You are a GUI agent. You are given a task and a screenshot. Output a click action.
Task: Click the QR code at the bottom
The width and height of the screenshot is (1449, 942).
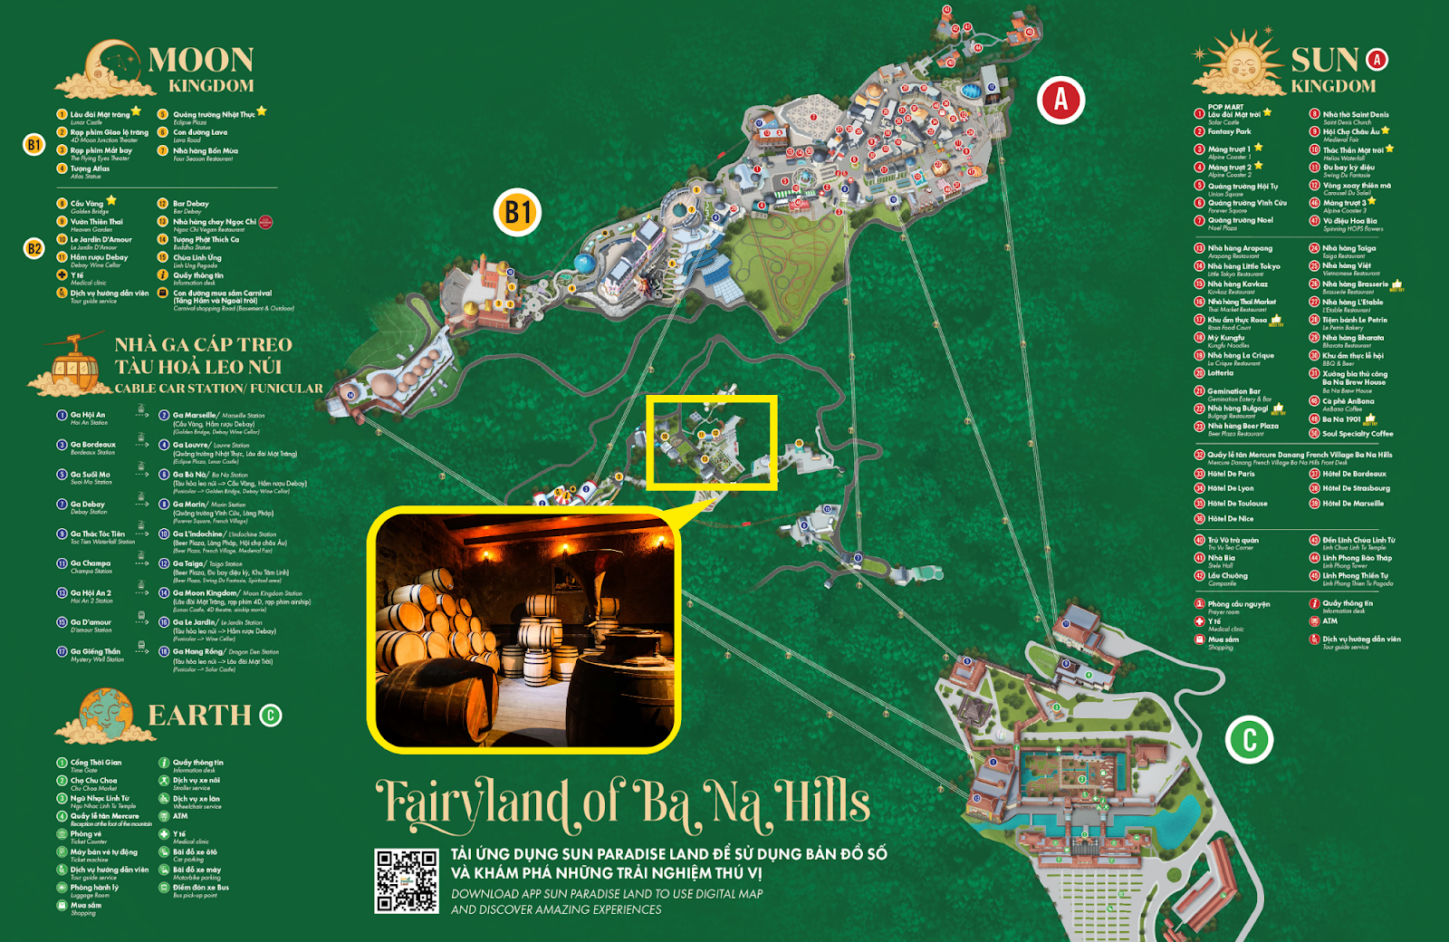pyautogui.click(x=407, y=880)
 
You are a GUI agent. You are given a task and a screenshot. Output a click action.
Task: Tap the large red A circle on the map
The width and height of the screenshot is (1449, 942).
pyautogui.click(x=1060, y=99)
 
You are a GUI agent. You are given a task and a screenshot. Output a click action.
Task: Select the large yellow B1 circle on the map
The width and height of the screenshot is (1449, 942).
pyautogui.click(x=517, y=212)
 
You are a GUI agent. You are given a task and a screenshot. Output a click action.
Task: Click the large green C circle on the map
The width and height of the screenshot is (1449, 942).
pyautogui.click(x=1249, y=739)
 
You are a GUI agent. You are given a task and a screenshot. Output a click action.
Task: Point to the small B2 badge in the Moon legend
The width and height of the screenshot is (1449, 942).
pyautogui.click(x=34, y=248)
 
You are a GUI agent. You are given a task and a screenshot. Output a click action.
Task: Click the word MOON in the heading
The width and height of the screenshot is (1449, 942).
pyautogui.click(x=200, y=60)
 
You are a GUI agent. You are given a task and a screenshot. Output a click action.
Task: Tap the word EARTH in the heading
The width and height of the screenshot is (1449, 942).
pyautogui.click(x=199, y=716)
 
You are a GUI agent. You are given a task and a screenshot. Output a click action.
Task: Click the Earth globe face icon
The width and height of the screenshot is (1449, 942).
pyautogui.click(x=107, y=713)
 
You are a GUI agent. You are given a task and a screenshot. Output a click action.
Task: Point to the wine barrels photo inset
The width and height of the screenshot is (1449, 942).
pyautogui.click(x=523, y=630)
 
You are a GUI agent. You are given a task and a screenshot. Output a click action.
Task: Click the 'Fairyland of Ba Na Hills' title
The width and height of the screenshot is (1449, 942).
pyautogui.click(x=623, y=803)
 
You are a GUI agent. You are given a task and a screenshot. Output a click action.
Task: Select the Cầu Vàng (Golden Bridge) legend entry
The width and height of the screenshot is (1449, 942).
pyautogui.click(x=88, y=204)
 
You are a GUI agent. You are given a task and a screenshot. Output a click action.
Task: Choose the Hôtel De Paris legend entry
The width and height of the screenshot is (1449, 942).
pyautogui.click(x=1231, y=474)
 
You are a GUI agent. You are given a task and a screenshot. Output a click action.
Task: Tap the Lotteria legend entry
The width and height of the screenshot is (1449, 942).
pyautogui.click(x=1220, y=372)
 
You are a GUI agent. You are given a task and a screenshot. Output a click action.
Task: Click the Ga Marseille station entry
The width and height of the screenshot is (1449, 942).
pyautogui.click(x=196, y=416)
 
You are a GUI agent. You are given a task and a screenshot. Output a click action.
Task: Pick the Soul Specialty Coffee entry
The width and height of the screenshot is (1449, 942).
pyautogui.click(x=1357, y=434)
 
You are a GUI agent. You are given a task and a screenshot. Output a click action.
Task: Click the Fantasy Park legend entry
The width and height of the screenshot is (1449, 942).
pyautogui.click(x=1229, y=131)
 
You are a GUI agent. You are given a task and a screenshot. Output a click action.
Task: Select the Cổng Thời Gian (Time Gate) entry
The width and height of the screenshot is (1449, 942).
pyautogui.click(x=95, y=763)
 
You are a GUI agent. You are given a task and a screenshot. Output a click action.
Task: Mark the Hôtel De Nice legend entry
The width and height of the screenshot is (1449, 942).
pyautogui.click(x=1230, y=519)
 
